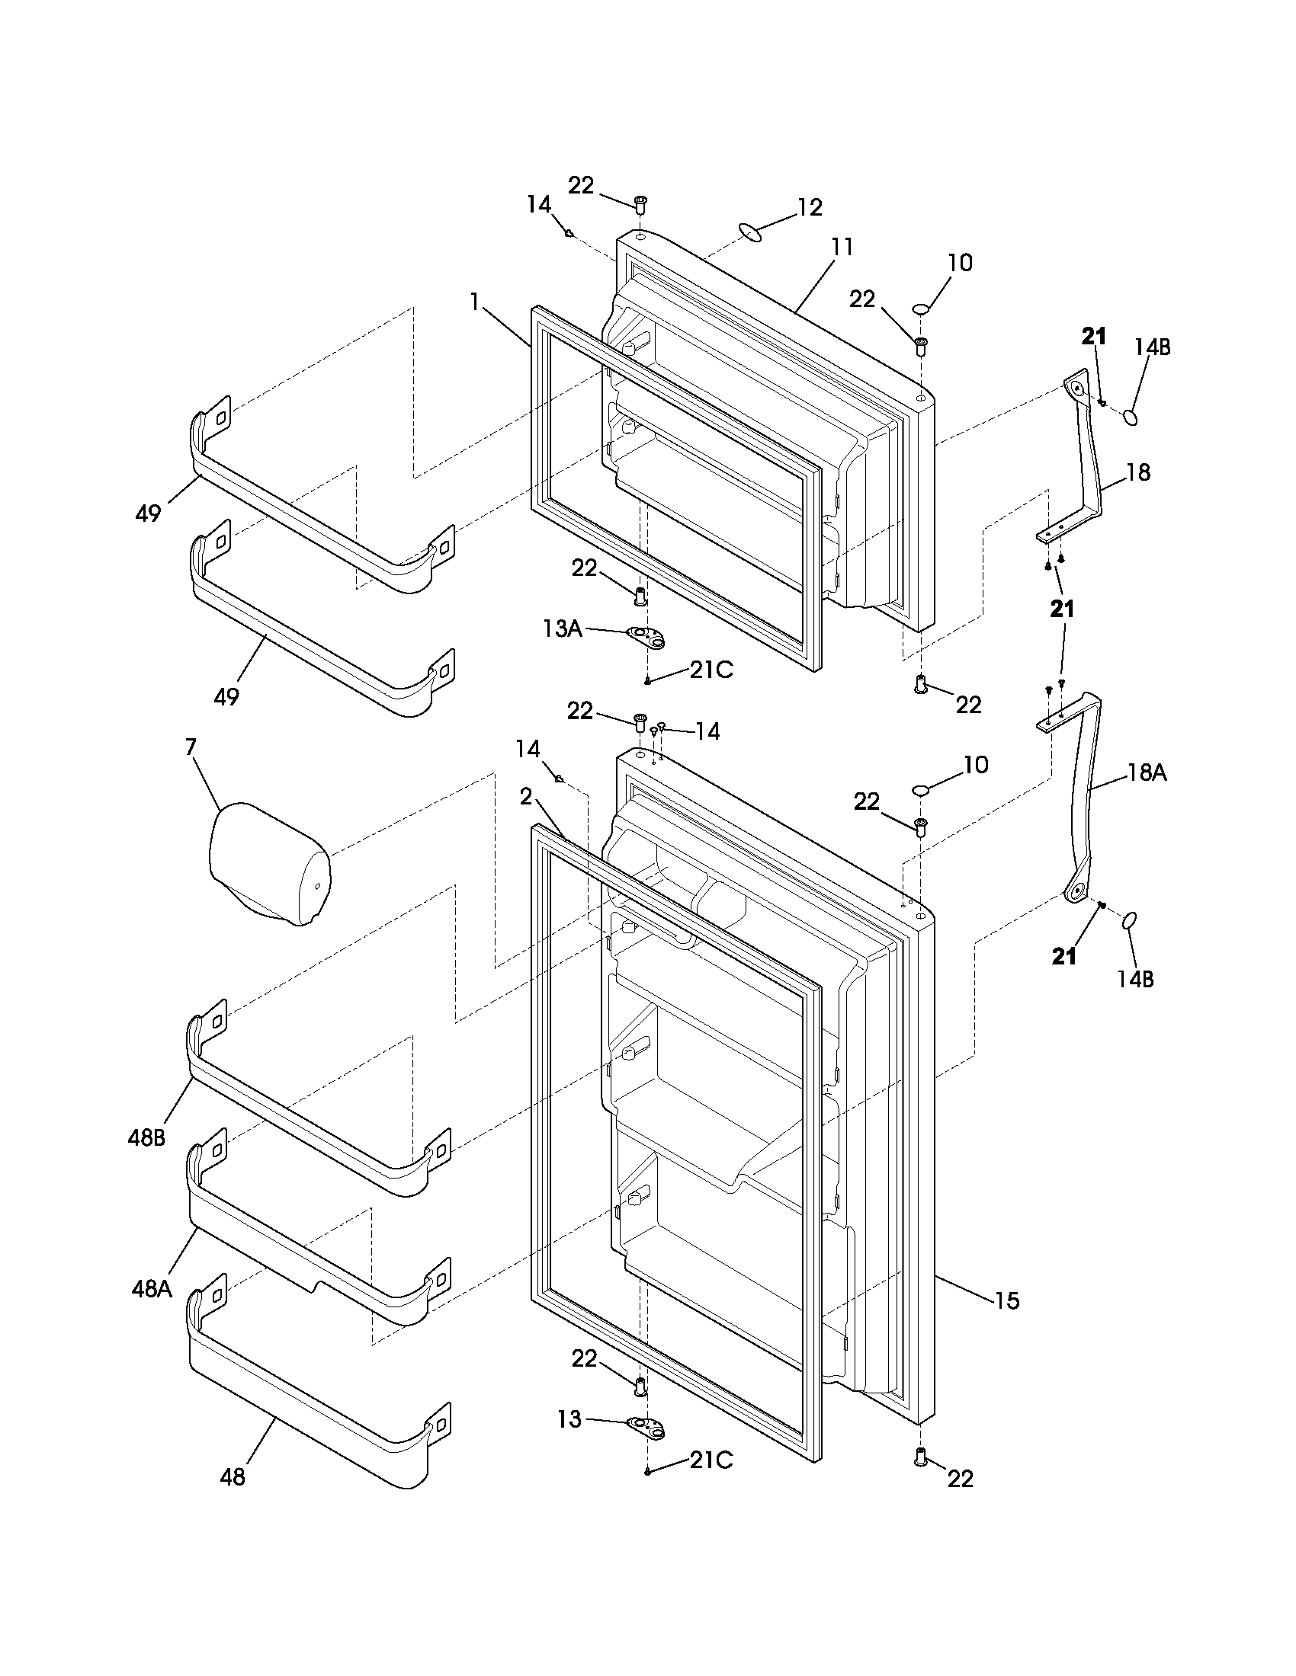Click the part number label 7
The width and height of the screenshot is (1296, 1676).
(191, 747)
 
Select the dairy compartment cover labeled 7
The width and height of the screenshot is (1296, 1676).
(268, 863)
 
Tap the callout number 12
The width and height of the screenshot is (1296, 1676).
(809, 207)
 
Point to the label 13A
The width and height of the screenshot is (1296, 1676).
(562, 629)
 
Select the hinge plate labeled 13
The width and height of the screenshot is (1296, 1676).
(646, 1426)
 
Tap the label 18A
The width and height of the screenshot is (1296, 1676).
(1147, 772)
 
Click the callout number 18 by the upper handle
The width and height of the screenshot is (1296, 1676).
(1139, 472)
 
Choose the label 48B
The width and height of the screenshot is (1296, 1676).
(146, 1137)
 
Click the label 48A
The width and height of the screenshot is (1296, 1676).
(151, 1288)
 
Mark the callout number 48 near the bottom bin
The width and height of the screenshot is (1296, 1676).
(233, 1476)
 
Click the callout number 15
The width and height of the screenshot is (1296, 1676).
(1007, 1300)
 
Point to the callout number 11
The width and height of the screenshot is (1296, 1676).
(842, 247)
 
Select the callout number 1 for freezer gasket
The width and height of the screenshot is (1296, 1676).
(475, 302)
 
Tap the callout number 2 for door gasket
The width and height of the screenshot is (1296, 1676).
(525, 798)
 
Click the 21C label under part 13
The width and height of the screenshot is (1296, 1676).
(711, 1460)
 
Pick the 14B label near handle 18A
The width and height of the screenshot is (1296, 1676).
(1137, 979)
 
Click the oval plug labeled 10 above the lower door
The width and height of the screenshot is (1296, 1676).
(922, 790)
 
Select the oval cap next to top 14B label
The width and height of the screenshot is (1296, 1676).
(1131, 417)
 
